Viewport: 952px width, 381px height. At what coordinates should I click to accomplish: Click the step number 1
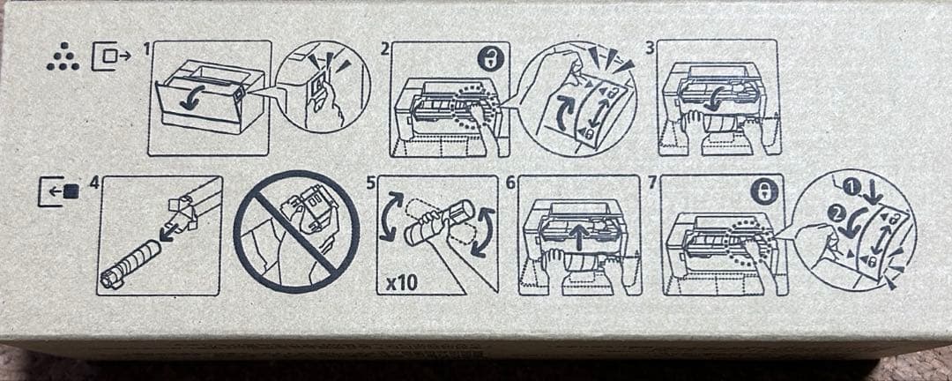[x=145, y=49]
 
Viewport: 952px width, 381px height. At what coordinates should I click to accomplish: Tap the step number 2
[x=384, y=49]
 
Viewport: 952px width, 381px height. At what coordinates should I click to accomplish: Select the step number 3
[x=650, y=49]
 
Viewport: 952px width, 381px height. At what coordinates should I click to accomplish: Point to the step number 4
[x=93, y=183]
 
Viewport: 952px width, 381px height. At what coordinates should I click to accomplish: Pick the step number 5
[x=371, y=183]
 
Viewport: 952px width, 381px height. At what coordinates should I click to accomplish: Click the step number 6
[x=510, y=183]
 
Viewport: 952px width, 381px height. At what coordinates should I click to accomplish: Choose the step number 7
[x=652, y=183]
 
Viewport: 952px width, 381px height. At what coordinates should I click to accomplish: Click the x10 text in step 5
[x=400, y=282]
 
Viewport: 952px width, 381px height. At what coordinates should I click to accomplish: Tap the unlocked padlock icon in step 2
[x=487, y=60]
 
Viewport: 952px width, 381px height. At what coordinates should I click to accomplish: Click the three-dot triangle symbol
[x=62, y=59]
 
